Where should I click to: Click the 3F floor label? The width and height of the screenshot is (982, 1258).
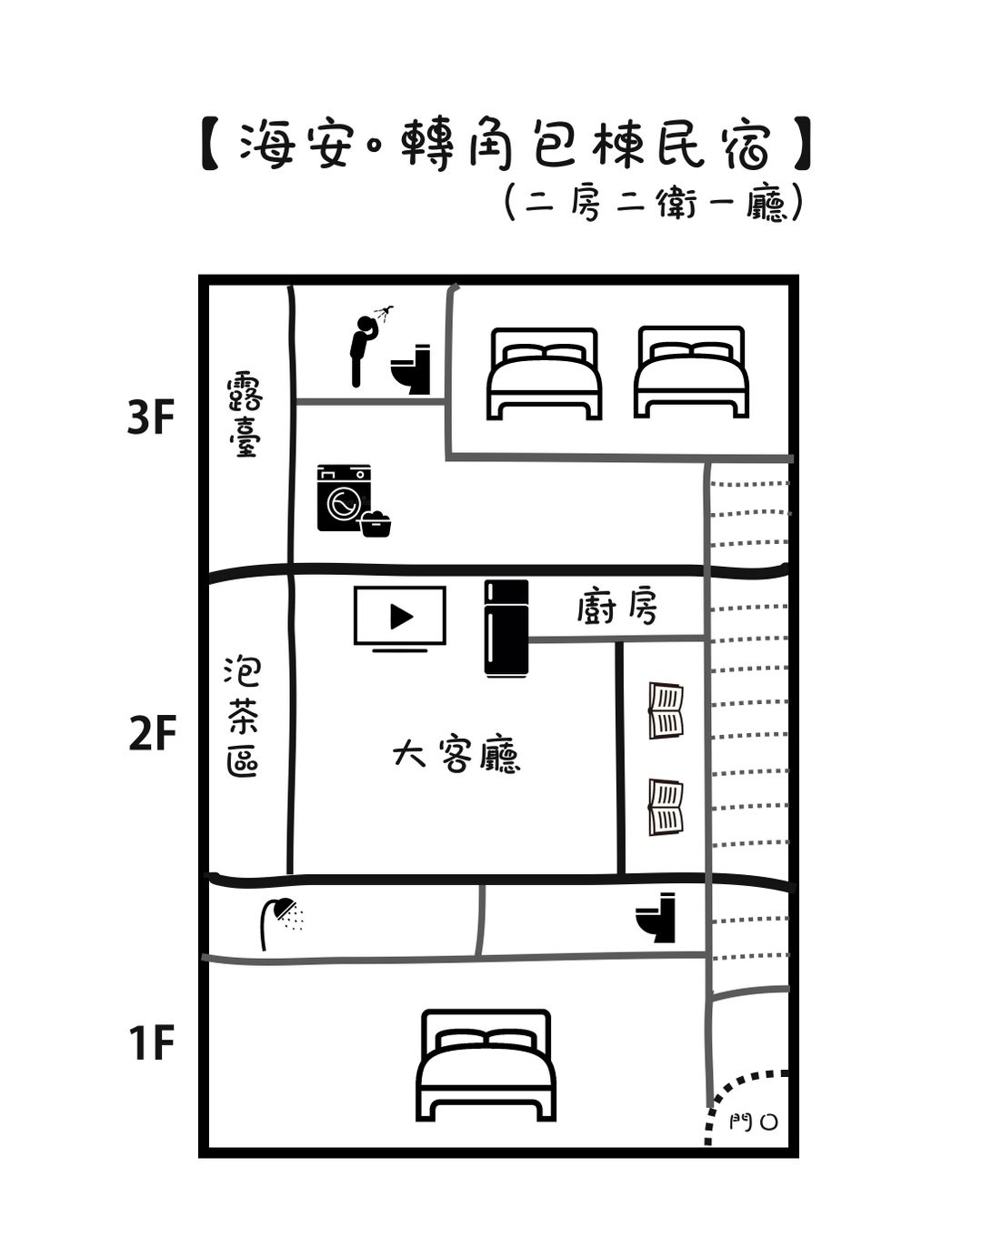pos(150,418)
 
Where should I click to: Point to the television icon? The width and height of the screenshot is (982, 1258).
pos(400,619)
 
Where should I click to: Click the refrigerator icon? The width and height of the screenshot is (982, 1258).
pos(506,629)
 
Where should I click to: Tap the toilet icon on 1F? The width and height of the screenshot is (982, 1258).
pos(655,918)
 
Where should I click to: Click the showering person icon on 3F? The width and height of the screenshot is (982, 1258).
pos(371,346)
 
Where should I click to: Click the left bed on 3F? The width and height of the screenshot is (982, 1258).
pos(544,374)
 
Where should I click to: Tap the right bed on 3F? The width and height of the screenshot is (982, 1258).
pos(691,372)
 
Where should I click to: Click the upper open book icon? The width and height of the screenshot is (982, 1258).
pos(666,710)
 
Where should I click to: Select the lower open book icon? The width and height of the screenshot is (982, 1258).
pos(666,807)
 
